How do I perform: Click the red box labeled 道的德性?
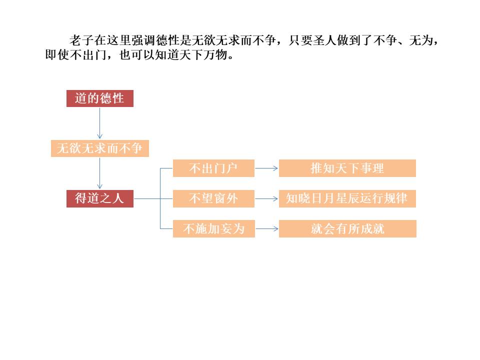(x=99, y=98)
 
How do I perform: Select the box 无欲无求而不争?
(x=99, y=148)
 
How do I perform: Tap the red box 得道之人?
(x=99, y=198)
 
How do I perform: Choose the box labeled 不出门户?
(x=213, y=168)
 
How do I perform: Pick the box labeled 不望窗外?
(x=213, y=198)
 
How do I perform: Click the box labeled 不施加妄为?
(x=213, y=229)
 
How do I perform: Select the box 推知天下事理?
(x=347, y=168)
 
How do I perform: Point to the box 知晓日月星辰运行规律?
(x=347, y=198)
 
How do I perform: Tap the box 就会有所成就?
(x=347, y=229)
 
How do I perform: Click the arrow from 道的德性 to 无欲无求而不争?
(x=99, y=123)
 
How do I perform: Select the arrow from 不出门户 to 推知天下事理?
(x=266, y=168)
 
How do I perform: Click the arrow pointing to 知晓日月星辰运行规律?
(x=266, y=199)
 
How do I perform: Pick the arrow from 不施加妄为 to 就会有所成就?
(x=266, y=229)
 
